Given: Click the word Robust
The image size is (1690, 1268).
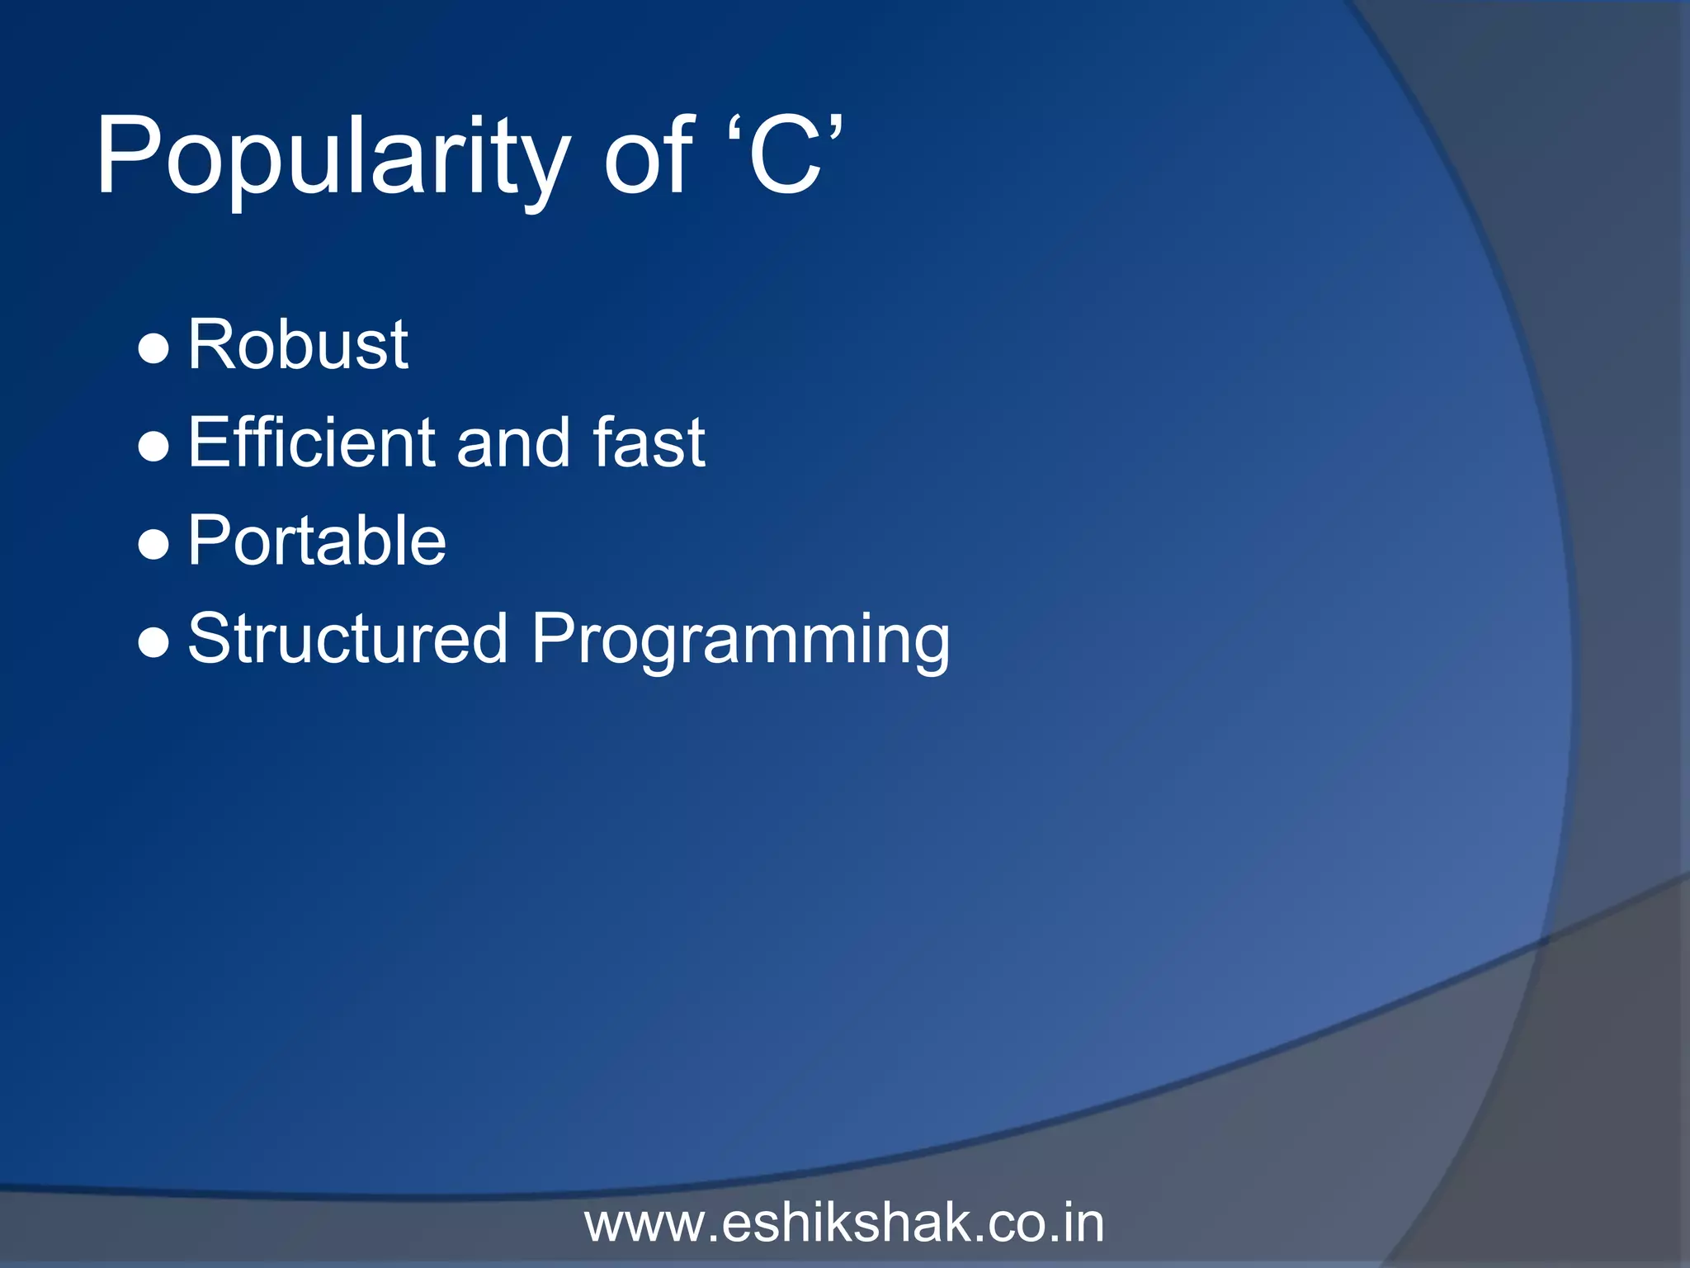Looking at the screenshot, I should click(x=298, y=344).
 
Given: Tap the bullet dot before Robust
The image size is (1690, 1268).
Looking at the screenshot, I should click(x=153, y=349).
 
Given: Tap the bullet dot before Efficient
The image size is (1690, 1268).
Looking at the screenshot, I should click(x=153, y=447).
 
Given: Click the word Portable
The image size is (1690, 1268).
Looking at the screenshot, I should click(x=317, y=541).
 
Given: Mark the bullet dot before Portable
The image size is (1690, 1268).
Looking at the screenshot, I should click(x=153, y=546).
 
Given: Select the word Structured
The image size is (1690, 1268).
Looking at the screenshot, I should click(x=347, y=638).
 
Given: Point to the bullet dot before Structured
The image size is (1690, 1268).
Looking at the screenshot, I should click(x=153, y=643).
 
